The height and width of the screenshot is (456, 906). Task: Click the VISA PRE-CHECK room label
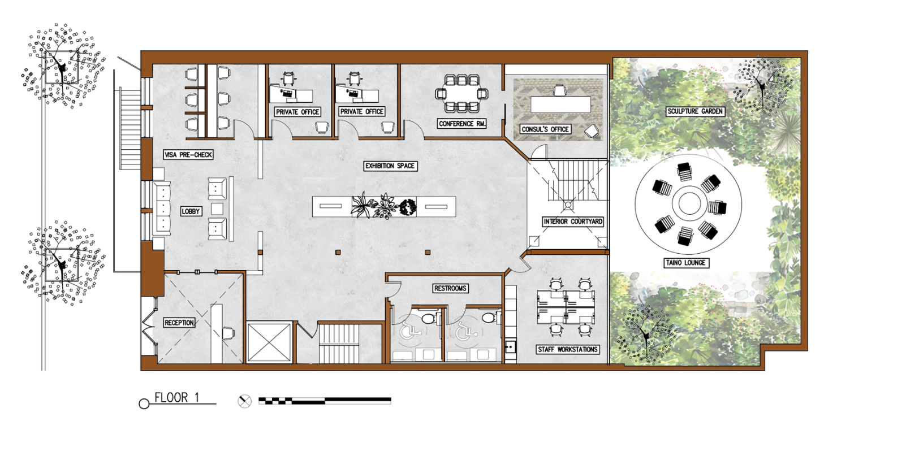click(x=188, y=155)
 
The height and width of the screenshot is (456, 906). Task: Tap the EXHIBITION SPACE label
click(x=390, y=166)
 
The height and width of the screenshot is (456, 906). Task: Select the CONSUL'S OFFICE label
click(x=545, y=129)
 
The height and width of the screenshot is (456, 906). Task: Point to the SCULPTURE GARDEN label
click(x=695, y=111)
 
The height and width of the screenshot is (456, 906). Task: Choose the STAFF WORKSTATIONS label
click(x=567, y=350)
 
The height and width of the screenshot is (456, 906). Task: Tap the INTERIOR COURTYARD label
click(x=573, y=222)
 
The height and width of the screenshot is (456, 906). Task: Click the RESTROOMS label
click(x=450, y=288)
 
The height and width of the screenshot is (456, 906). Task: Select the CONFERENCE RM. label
click(x=462, y=124)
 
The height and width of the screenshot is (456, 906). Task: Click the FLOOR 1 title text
click(x=177, y=398)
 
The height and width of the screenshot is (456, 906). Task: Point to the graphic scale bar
click(x=325, y=401)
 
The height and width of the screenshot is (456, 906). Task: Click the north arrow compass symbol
click(x=244, y=401)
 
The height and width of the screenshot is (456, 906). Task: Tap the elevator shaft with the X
click(x=269, y=342)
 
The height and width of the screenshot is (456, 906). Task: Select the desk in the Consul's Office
click(x=560, y=105)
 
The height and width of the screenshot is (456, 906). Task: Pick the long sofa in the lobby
click(x=161, y=209)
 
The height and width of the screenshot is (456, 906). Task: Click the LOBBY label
click(x=191, y=211)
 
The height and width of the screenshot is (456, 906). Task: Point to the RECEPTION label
click(x=179, y=323)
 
